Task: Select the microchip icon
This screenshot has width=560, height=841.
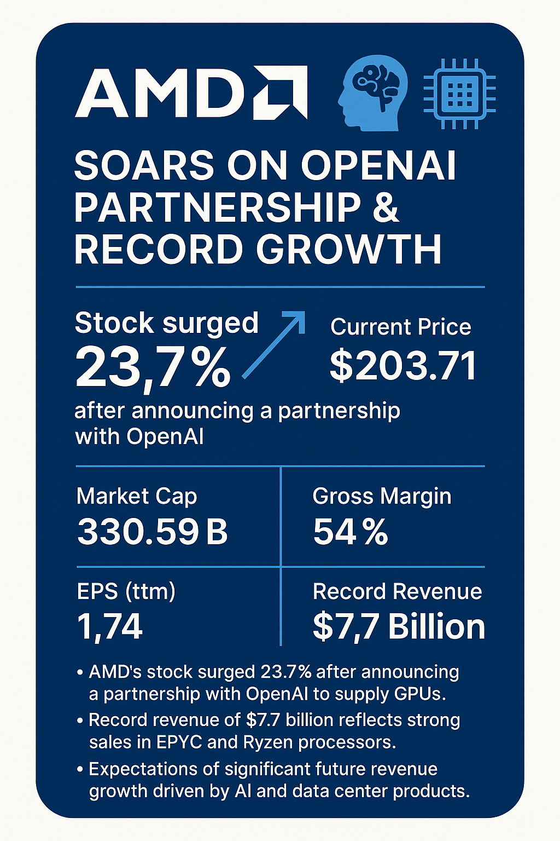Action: pos(459,94)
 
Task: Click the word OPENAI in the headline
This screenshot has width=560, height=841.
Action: pos(378,165)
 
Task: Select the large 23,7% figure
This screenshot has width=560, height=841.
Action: pos(153,367)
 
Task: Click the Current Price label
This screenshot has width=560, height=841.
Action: pos(400,327)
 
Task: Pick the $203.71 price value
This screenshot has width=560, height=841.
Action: pos(403,366)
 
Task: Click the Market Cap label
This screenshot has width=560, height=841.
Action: pos(137,496)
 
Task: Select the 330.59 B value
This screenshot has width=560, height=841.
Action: pos(153,532)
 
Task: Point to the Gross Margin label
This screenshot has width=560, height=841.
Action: pos(382,496)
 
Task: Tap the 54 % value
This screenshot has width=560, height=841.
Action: pos(351,532)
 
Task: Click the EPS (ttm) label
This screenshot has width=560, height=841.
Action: pos(126,591)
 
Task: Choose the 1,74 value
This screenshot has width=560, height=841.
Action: pos(110,626)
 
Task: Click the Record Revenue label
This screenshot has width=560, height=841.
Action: pos(397,591)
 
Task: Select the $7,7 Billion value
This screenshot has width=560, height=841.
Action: pos(399,626)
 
